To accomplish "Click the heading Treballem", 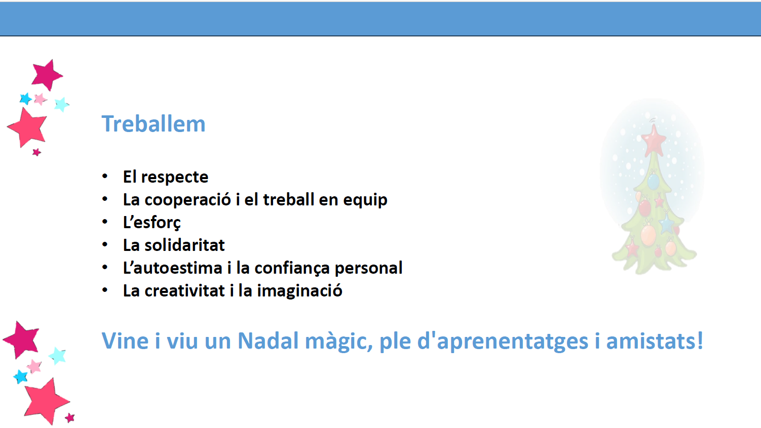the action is (x=154, y=124).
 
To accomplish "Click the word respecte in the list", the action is (x=175, y=178).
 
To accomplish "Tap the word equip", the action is (x=365, y=200).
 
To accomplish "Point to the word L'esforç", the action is (x=152, y=223).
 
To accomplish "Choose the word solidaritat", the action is (x=184, y=245).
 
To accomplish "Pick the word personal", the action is (x=369, y=269).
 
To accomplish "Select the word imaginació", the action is (x=299, y=291).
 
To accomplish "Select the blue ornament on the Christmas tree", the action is (x=653, y=181).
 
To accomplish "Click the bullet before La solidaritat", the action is (x=105, y=245).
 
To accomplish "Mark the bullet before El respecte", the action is (x=105, y=177).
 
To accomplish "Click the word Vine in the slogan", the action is (x=125, y=340).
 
